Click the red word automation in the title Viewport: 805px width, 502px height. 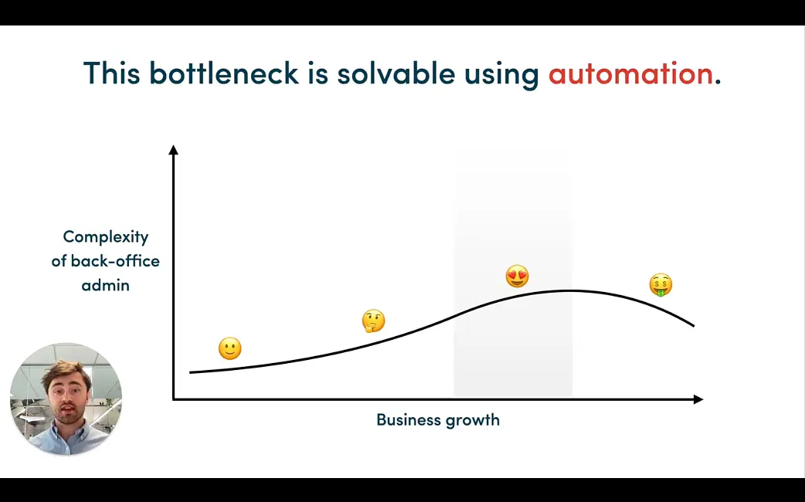(630, 73)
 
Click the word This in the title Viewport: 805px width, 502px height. (111, 73)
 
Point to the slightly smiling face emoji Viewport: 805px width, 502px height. (229, 348)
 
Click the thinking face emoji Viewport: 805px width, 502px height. (373, 321)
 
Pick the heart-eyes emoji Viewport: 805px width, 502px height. (517, 276)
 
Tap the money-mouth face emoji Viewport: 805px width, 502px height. (661, 285)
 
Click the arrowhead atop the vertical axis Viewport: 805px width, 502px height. (173, 149)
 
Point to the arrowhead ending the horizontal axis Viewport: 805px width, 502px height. (698, 399)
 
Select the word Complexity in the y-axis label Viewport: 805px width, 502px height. (106, 237)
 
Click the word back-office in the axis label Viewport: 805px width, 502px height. (115, 261)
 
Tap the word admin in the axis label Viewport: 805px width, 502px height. (106, 285)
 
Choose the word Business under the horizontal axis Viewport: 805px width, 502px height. (406, 420)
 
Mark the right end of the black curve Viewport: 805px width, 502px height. (694, 325)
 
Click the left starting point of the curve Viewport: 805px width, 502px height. (191, 372)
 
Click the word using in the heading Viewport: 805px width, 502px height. (502, 74)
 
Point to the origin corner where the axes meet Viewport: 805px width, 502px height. (174, 399)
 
